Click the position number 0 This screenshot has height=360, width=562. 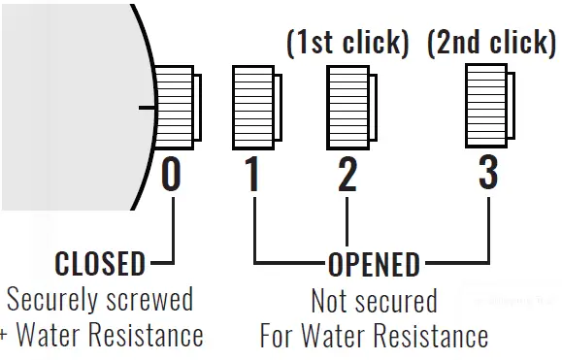pyautogui.click(x=171, y=175)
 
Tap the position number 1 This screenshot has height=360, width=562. pyautogui.click(x=252, y=175)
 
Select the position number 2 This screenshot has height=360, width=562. pyautogui.click(x=347, y=175)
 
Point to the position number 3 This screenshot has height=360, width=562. pyautogui.click(x=488, y=174)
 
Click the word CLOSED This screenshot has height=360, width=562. pyautogui.click(x=100, y=263)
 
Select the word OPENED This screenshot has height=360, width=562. pyautogui.click(x=374, y=264)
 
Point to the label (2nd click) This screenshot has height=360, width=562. pyautogui.click(x=489, y=42)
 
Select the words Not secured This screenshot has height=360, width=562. pyautogui.click(x=374, y=301)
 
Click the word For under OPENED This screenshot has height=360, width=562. pyautogui.click(x=281, y=337)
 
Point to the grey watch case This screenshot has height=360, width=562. pyautogui.click(x=68, y=107)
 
